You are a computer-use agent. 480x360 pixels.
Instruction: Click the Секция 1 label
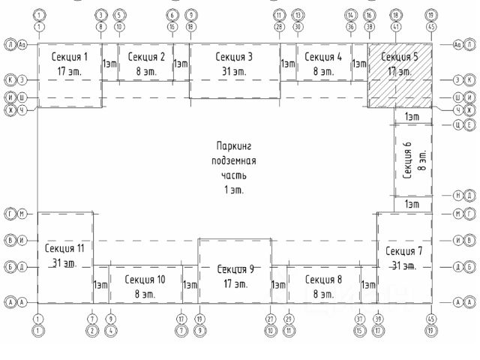(x=70, y=57)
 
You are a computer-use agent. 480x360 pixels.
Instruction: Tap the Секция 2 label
(x=146, y=57)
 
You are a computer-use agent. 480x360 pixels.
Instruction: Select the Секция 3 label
(x=233, y=57)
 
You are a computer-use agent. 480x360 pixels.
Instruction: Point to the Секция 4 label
(x=323, y=57)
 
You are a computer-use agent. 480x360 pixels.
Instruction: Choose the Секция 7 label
(x=404, y=250)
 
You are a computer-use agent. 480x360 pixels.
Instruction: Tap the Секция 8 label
(x=323, y=279)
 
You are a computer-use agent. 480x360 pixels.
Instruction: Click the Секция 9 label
(x=235, y=268)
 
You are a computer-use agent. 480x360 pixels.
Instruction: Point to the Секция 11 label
(x=64, y=248)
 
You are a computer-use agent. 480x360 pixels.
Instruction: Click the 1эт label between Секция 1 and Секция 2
(x=109, y=64)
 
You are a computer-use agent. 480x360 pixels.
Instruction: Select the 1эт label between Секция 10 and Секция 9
(x=190, y=285)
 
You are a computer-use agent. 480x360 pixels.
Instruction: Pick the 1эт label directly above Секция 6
(x=412, y=116)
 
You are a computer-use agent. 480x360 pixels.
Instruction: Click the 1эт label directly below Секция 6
(x=412, y=204)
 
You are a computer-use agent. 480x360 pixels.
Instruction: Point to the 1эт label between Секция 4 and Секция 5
(x=359, y=64)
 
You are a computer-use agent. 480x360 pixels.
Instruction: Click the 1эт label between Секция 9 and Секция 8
(x=278, y=285)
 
